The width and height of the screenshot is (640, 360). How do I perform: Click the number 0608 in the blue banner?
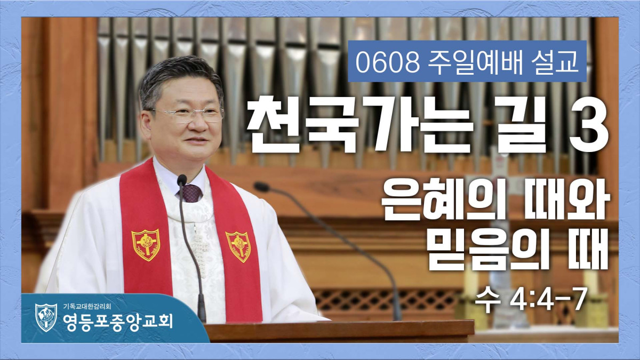tap(388, 62)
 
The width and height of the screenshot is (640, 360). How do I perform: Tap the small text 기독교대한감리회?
tap(87, 307)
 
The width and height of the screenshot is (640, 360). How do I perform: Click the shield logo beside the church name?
tap(46, 317)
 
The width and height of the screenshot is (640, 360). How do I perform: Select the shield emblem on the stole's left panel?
tap(146, 245)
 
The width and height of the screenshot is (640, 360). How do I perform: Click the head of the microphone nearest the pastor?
tap(182, 180)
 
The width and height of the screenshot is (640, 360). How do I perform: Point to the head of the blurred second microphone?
tap(261, 187)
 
